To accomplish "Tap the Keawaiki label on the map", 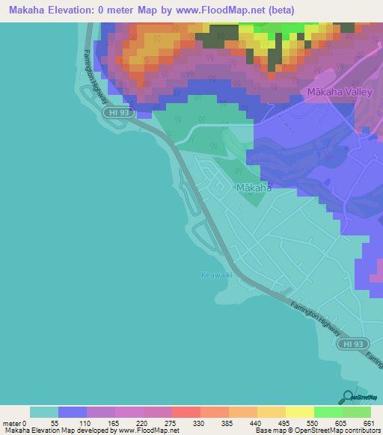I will (217, 275).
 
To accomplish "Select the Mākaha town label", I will (254, 188).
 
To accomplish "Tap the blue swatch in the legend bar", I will (73, 413).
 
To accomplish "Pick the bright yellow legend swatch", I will (299, 413).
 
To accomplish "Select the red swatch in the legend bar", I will (186, 413).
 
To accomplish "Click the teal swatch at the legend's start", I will (44, 413).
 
